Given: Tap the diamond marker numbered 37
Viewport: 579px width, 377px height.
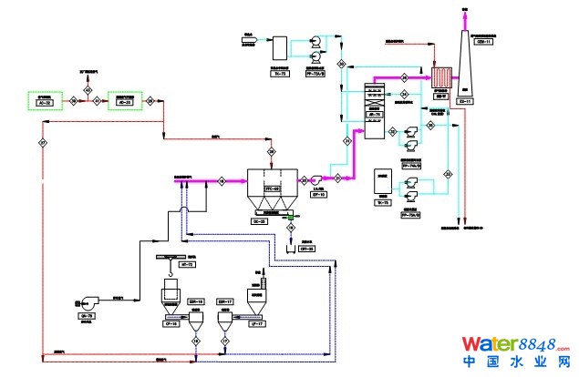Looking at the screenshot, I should [43, 143].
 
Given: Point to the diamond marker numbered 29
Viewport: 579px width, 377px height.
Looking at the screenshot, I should [271, 150].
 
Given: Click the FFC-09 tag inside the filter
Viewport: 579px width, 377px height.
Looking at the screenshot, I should [271, 188].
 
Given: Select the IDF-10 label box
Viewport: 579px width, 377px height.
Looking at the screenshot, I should [319, 195].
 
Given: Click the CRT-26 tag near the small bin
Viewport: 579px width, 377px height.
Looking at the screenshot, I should [307, 248].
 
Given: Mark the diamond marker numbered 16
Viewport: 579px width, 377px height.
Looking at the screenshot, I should [195, 340].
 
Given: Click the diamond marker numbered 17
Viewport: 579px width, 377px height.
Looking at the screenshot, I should [223, 340].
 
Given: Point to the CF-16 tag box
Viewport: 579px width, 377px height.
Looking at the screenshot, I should [170, 323].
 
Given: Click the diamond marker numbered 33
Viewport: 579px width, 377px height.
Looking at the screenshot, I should [448, 172].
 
